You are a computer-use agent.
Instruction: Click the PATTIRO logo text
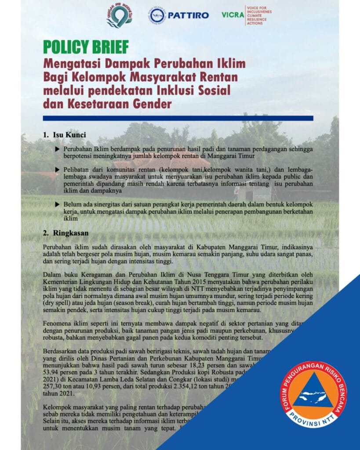tap(188, 15)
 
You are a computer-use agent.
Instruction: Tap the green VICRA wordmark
tap(233, 15)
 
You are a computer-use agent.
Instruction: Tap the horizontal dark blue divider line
tap(178, 118)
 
